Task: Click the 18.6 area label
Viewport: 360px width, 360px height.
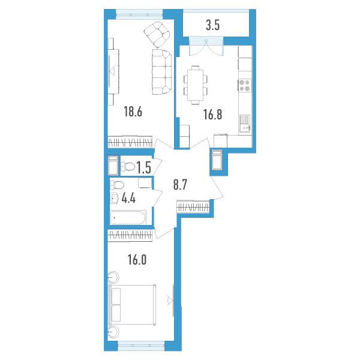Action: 133,112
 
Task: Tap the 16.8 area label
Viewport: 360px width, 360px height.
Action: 212,115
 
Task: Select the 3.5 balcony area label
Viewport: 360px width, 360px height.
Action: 213,25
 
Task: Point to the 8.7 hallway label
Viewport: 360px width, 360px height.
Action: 181,185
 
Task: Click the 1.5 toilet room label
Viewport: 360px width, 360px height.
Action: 144,167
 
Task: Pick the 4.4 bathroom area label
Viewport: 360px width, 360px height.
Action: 128,198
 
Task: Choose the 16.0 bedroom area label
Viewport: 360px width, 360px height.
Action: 137,260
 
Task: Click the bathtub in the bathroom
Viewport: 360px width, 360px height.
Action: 128,217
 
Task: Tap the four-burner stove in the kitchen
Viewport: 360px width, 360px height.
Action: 245,85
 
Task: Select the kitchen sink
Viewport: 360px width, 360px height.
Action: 245,124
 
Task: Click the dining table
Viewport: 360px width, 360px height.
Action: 196,85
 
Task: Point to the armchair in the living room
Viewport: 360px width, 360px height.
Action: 158,34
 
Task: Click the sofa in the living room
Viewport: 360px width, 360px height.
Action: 162,71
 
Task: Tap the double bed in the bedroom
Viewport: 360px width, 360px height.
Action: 132,305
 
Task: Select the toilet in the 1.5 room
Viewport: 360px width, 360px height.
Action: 128,166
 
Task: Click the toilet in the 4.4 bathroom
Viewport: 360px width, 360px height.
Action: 118,185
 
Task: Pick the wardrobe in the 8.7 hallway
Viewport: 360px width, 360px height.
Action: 193,206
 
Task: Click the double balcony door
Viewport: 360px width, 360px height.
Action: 206,46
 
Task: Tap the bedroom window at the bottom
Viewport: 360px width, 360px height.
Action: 141,344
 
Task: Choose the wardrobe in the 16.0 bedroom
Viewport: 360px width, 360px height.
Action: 130,236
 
